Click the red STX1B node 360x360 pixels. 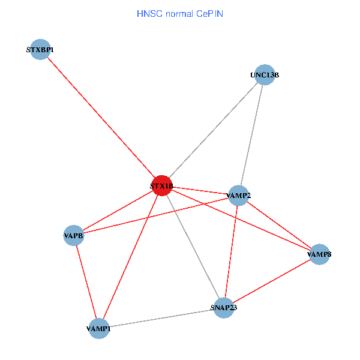[162, 185]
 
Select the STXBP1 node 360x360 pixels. [40, 50]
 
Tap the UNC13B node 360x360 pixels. [265, 75]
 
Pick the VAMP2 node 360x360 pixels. [239, 195]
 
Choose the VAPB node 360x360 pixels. [74, 235]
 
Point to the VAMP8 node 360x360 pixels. [319, 254]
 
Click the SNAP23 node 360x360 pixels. [223, 308]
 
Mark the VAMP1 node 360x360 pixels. [99, 329]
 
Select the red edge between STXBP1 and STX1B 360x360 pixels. [101, 118]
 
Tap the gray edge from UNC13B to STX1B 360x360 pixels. [213, 130]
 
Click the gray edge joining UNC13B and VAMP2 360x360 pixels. [252, 135]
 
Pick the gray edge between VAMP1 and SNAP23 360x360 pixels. [161, 319]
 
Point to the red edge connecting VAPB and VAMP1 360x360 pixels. [86, 282]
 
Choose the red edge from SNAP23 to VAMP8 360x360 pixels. [271, 281]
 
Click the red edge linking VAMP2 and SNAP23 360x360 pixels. [231, 251]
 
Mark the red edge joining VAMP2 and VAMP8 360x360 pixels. [279, 224]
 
